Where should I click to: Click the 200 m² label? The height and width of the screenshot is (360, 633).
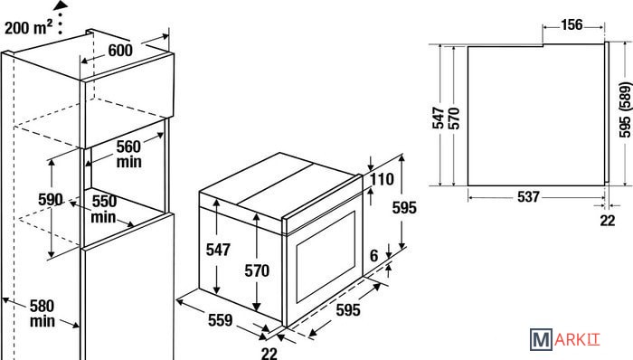[28, 27]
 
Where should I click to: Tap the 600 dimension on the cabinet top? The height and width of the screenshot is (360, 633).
[120, 51]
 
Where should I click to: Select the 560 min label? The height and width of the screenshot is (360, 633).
[128, 154]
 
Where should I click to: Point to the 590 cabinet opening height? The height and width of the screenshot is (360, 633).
[51, 199]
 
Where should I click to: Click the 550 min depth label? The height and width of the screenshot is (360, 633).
[103, 209]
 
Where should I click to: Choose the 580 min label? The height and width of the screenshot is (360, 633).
[42, 314]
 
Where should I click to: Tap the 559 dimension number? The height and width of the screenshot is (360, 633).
[221, 320]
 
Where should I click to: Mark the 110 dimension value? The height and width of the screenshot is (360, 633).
[382, 179]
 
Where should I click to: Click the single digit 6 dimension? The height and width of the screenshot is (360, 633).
[374, 255]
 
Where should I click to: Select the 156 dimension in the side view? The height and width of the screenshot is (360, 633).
[572, 25]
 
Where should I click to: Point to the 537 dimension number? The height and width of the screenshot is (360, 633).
[528, 196]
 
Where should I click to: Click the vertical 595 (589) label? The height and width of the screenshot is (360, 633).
[625, 109]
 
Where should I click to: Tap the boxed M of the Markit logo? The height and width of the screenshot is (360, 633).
[541, 340]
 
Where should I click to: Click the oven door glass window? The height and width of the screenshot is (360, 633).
[326, 257]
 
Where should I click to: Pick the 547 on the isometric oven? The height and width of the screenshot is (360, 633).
[218, 250]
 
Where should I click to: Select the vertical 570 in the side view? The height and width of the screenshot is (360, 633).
[455, 118]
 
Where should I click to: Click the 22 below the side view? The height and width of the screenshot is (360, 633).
[607, 221]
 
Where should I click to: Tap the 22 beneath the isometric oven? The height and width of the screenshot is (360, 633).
[269, 354]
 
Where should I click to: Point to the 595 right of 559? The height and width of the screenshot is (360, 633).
[348, 310]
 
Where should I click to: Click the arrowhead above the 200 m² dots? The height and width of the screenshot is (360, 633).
[61, 5]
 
